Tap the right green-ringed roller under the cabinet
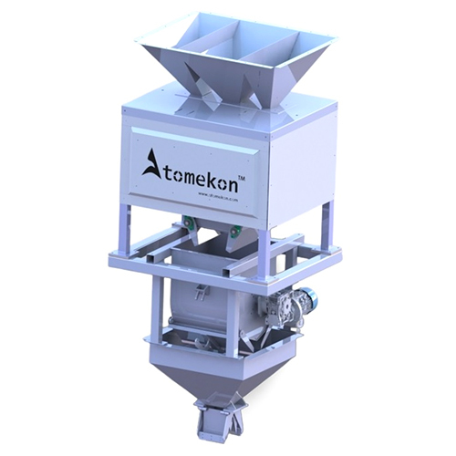(x=236, y=229)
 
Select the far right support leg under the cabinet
(x=326, y=224)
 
